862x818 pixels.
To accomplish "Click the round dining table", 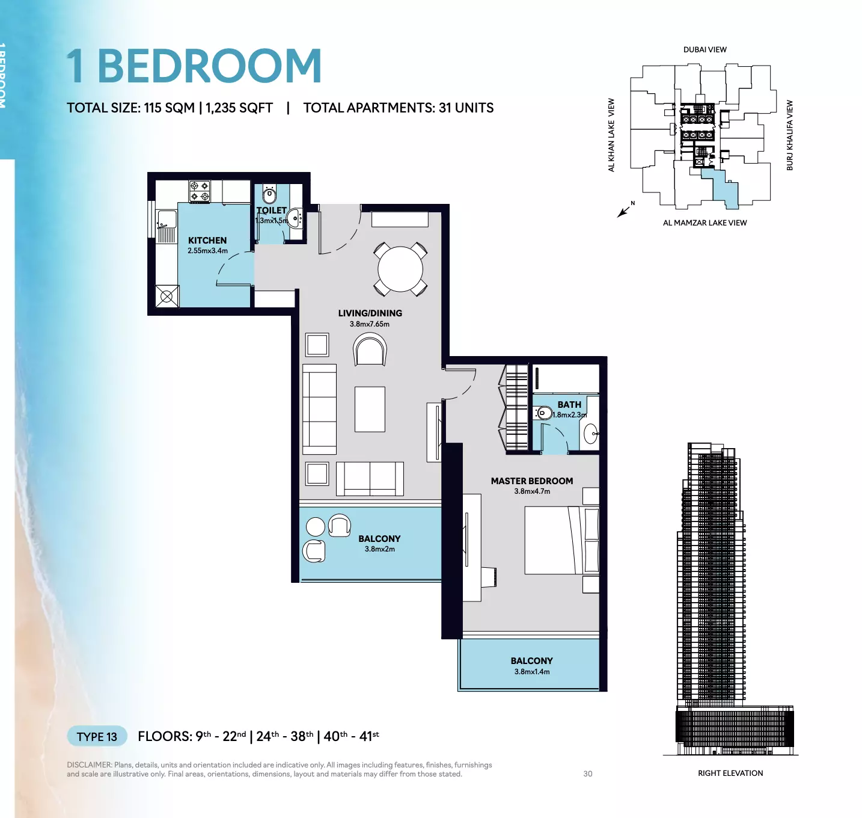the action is pos(400,269).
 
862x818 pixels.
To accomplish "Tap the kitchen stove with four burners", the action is pos(199,191).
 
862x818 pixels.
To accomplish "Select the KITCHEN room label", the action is pos(207,241).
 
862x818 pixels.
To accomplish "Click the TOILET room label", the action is pos(271,211).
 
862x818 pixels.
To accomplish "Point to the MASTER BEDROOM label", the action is pos(532,481).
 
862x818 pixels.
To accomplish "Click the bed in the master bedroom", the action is pos(561,540).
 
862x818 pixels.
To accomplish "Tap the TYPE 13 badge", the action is pos(97,736).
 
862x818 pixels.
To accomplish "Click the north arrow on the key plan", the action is pos(623,212).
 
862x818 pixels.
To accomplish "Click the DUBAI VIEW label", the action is pos(705,49).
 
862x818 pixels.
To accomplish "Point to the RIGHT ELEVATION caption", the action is pos(730,773).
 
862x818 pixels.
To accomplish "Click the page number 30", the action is pos(587,773).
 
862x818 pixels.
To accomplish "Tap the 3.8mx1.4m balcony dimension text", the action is pos(532,671).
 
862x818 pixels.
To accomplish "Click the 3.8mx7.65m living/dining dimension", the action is pos(370,324).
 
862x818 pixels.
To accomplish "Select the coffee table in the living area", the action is pos(370,409).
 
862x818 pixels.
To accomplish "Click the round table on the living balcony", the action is pos(315,527).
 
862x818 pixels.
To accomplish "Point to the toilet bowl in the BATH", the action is pos(544,413).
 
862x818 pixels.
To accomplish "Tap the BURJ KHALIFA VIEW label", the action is pos(790,135).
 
